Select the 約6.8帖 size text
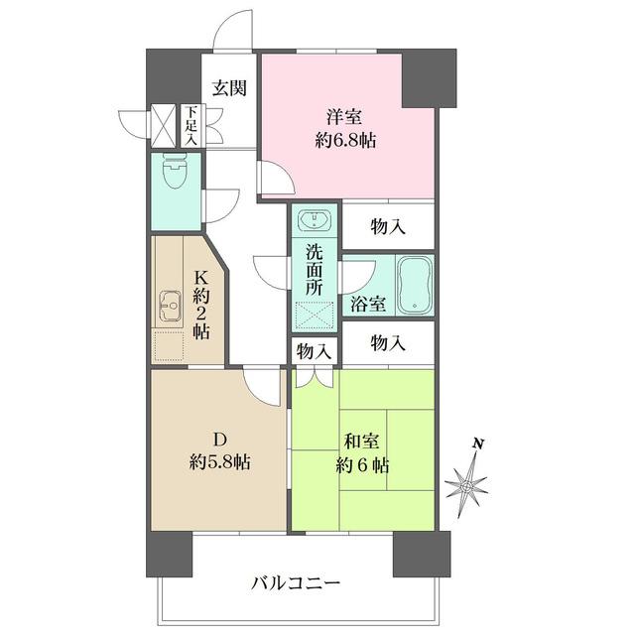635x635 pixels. pos(346,140)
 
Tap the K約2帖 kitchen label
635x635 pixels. pos(201,306)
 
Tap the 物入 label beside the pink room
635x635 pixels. pos(388,226)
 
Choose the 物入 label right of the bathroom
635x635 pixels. pos(388,343)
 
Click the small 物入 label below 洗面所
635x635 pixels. pos(314,351)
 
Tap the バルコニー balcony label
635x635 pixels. pos(296,583)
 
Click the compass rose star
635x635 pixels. pos(466,485)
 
